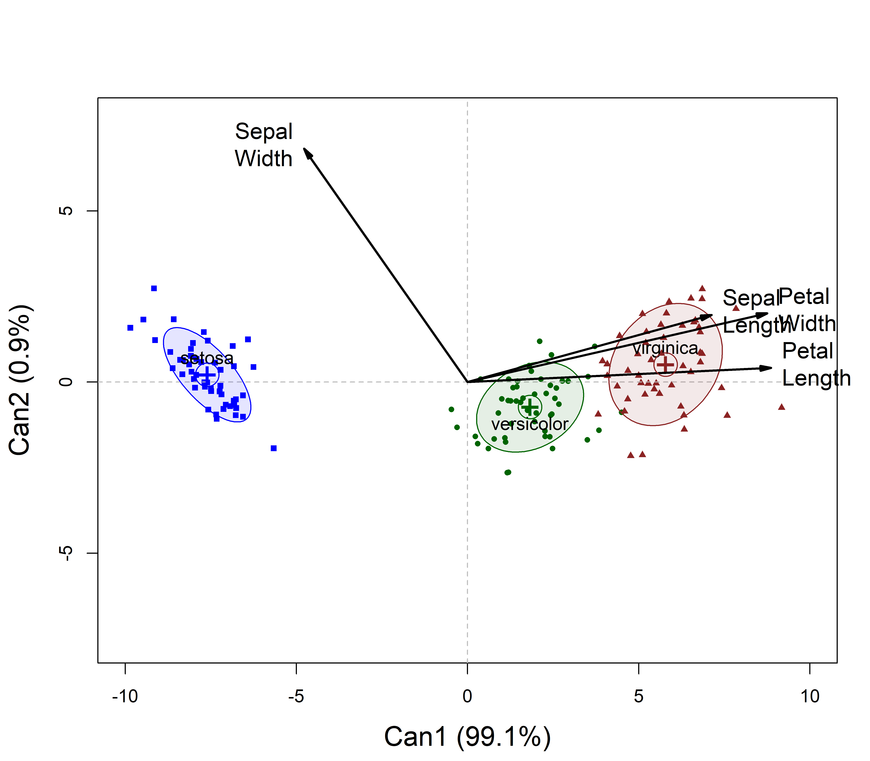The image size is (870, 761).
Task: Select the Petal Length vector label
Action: (816, 364)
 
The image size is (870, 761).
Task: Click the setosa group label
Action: (207, 358)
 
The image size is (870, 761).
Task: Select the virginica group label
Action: (665, 348)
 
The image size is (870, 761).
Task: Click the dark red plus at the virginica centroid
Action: (665, 364)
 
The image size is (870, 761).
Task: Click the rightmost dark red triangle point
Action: (781, 407)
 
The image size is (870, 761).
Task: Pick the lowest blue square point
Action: (274, 448)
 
